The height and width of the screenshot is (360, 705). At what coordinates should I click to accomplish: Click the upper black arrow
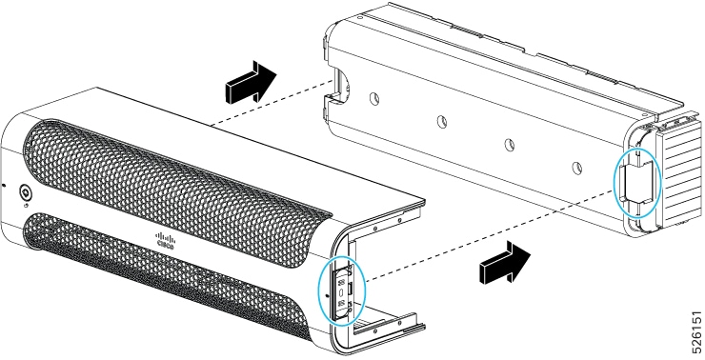[250, 81]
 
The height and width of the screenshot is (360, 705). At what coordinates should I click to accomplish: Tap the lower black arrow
[505, 262]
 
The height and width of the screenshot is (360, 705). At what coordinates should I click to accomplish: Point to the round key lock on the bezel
[26, 193]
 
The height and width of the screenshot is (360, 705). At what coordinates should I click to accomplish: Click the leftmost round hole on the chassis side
[374, 98]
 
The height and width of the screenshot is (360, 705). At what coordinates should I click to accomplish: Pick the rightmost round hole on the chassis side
[576, 168]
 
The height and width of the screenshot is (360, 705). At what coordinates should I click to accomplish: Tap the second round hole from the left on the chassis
[442, 121]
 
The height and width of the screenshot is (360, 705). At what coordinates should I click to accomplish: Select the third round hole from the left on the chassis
[509, 144]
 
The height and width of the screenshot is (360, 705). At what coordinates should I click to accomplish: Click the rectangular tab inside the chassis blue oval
[633, 181]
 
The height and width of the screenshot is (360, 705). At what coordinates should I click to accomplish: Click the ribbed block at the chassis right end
[678, 170]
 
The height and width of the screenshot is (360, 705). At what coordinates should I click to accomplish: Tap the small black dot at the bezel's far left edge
[4, 185]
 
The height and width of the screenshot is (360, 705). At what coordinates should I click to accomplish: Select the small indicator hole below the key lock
[26, 207]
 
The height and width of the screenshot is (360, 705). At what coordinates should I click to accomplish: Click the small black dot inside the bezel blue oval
[327, 296]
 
